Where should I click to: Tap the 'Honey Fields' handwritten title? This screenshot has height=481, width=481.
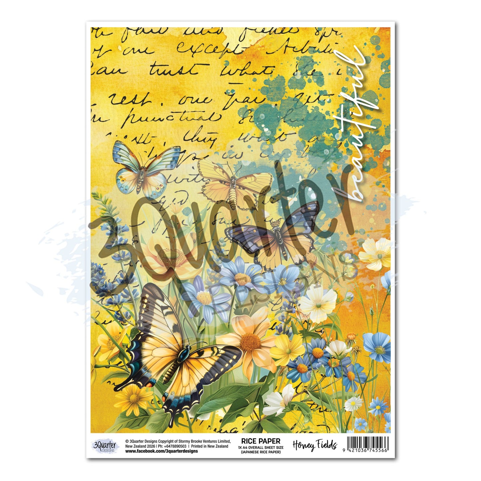[x=315, y=445]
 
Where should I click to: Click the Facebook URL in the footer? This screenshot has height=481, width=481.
[x=161, y=451]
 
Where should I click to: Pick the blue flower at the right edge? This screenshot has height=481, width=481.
[x=377, y=346]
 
